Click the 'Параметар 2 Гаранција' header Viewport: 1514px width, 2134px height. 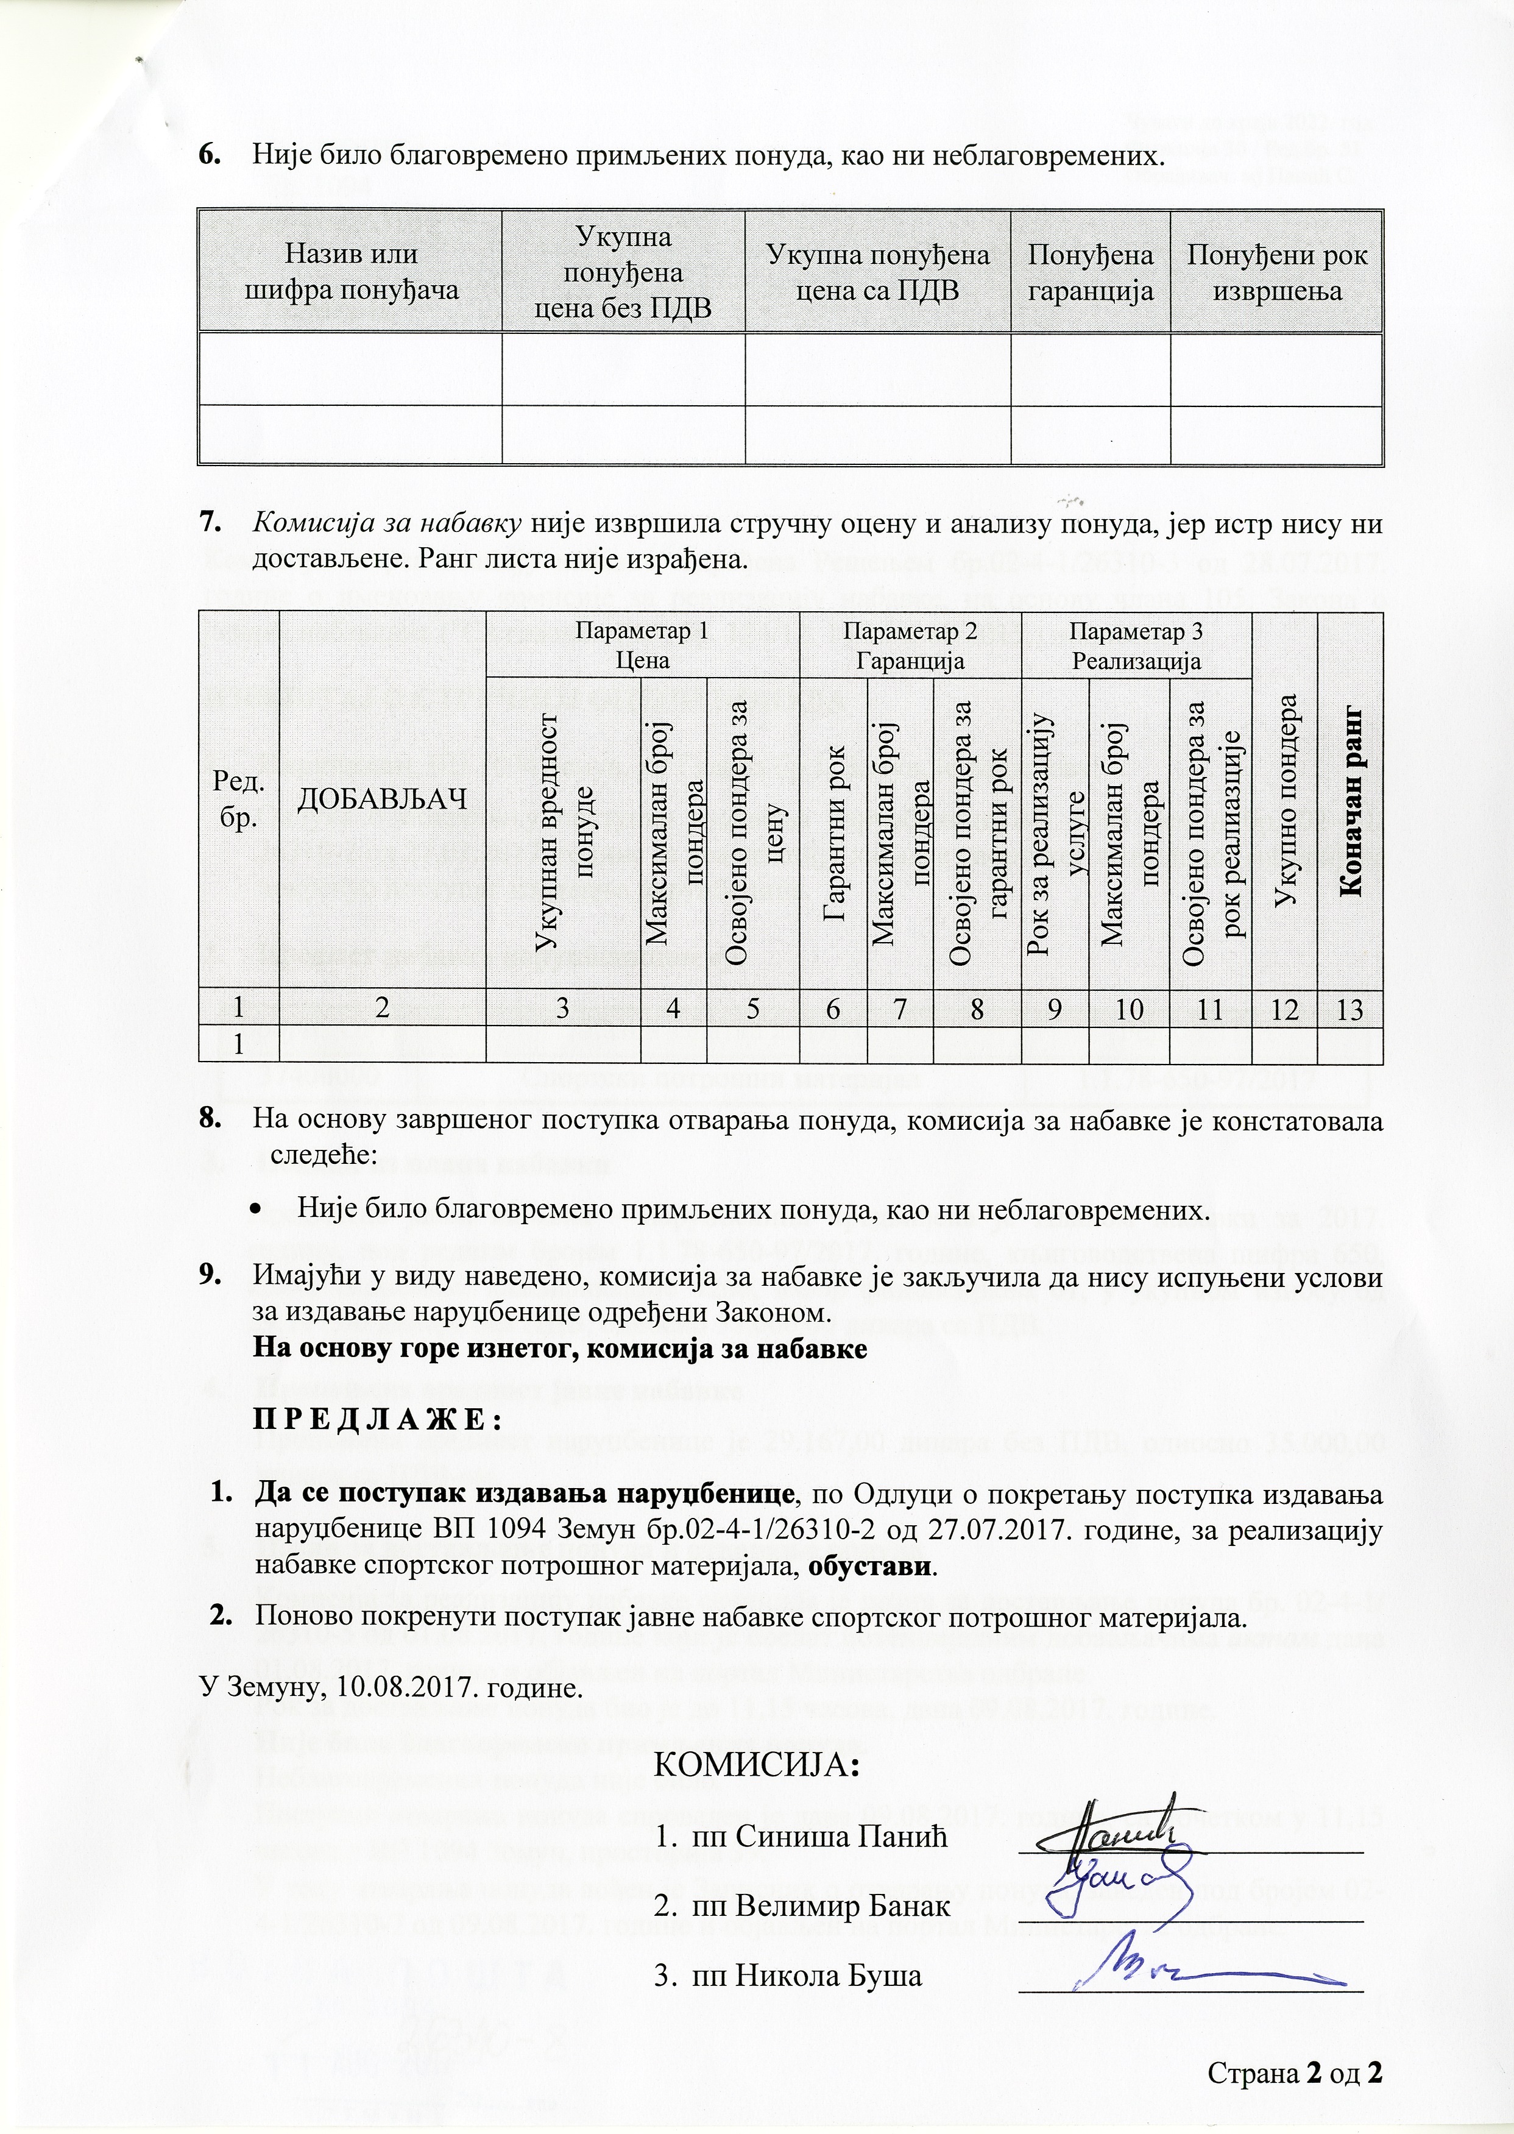[910, 645]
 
